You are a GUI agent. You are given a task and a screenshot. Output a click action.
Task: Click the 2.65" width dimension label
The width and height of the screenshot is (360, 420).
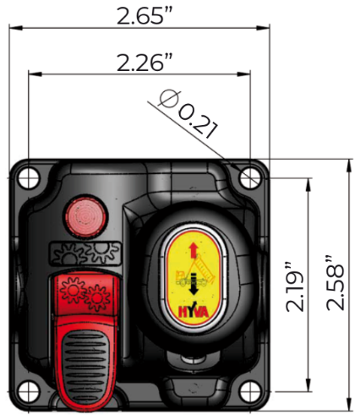point(145,16)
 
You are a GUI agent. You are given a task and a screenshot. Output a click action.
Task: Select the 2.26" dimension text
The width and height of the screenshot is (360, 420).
point(145,63)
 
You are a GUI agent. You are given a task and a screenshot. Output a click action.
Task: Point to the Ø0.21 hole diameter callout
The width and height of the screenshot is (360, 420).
point(188,114)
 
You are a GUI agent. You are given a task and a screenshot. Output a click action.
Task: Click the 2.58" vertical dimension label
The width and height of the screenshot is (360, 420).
point(335,283)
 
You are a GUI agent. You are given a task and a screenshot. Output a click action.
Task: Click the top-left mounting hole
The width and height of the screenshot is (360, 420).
point(28,178)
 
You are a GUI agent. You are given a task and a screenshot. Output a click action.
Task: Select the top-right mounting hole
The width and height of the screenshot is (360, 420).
point(250,178)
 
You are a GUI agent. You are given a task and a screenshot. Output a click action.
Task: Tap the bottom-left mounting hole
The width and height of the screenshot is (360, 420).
point(28,391)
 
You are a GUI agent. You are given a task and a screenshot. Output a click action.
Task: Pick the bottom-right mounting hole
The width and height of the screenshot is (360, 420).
point(250,391)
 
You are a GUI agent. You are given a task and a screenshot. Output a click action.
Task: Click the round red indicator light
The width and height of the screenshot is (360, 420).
point(85,216)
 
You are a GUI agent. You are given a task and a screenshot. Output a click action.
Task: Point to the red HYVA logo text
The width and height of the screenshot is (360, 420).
point(194,311)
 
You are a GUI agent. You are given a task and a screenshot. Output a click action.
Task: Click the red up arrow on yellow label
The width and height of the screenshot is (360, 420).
point(194,250)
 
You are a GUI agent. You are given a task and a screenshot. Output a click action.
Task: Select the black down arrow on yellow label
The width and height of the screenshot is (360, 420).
point(194,284)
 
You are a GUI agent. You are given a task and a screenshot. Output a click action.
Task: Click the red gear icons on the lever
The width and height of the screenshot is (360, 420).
point(85,293)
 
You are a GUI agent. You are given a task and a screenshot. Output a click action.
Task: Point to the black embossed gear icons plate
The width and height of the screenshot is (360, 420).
point(86,254)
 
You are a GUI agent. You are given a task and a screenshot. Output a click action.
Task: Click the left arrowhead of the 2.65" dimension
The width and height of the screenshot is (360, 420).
point(15,27)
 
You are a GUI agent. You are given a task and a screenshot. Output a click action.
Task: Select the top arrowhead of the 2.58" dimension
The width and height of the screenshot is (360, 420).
point(349,166)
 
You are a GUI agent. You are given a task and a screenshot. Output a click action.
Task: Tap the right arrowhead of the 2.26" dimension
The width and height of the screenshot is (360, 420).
point(243,74)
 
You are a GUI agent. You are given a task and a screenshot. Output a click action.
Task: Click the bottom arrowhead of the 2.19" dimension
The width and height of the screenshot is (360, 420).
point(309,385)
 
